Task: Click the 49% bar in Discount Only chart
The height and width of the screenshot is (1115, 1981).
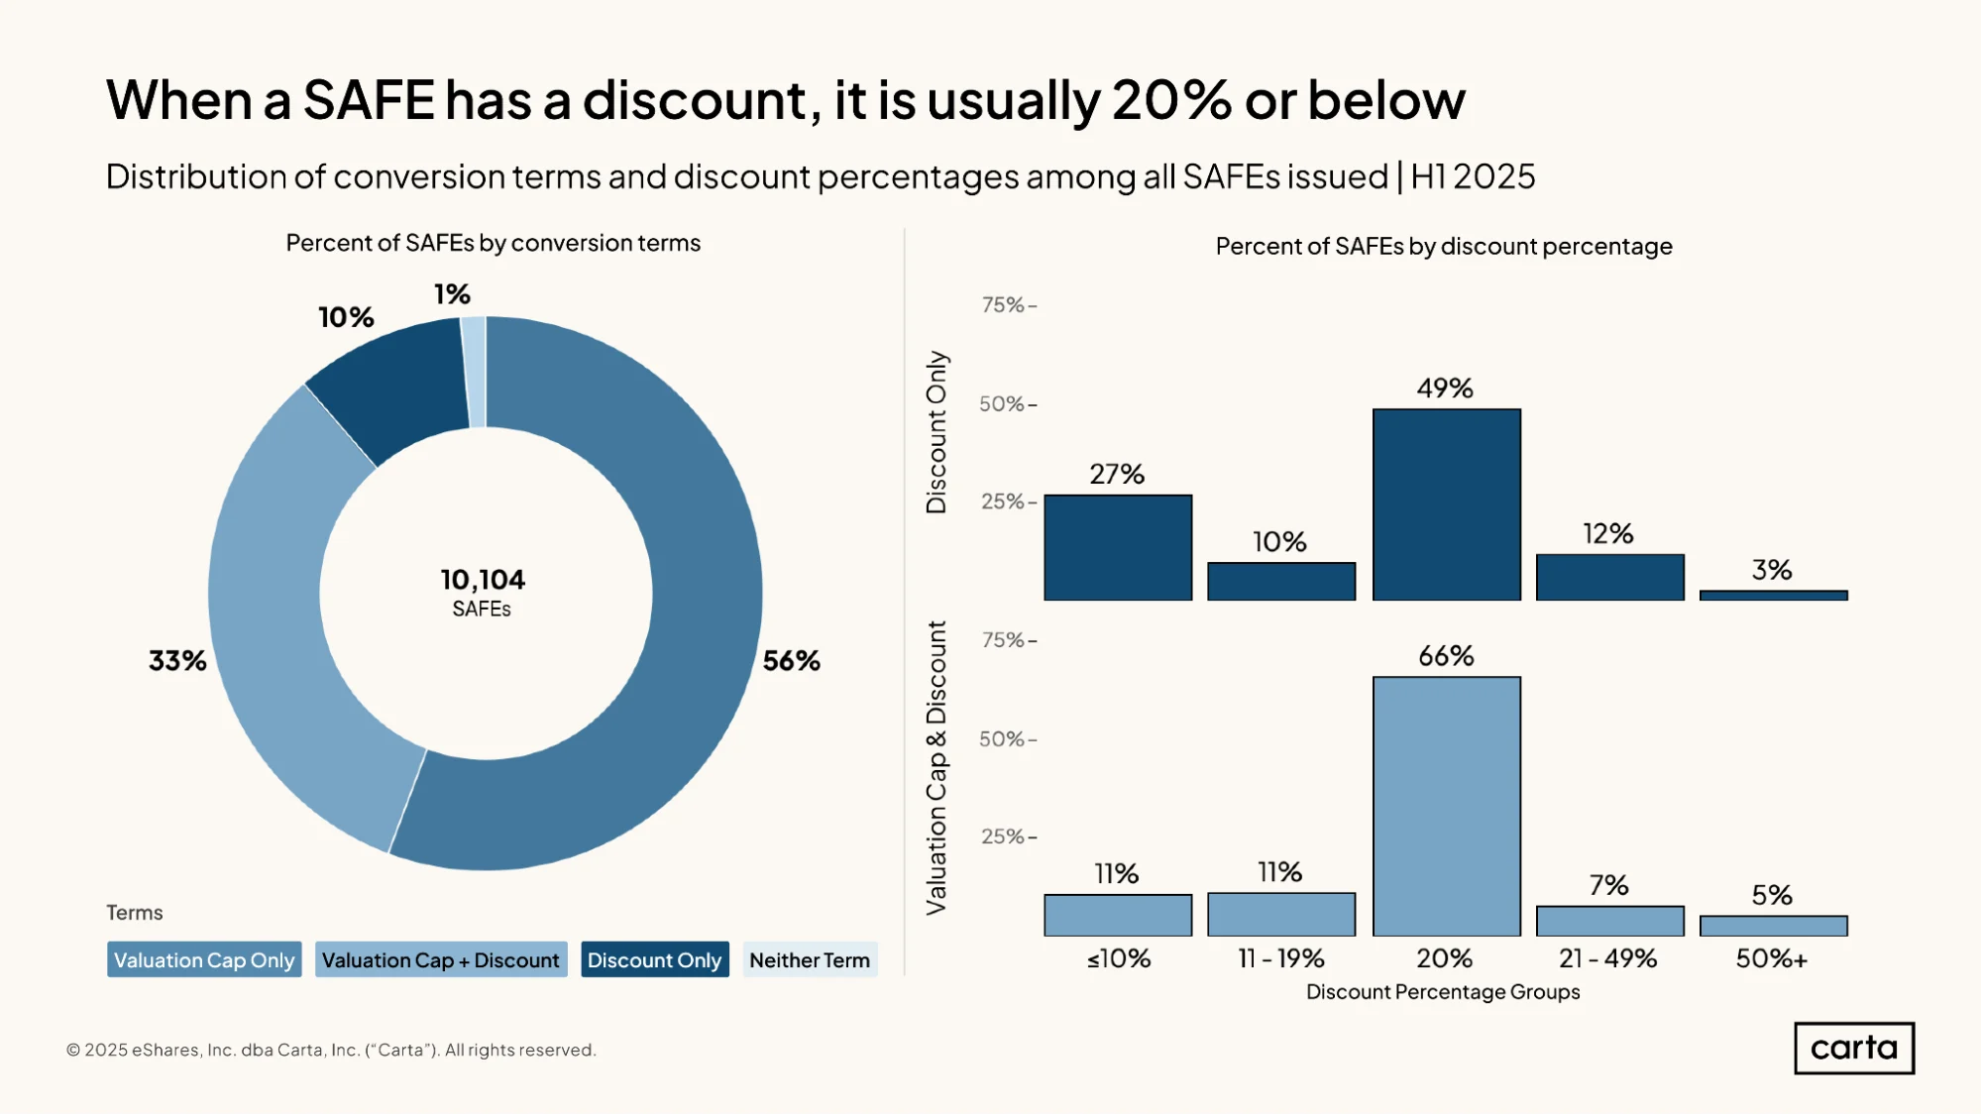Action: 1446,504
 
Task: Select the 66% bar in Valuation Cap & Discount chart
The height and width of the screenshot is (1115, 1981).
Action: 1446,806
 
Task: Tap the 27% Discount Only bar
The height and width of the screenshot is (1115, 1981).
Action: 1118,547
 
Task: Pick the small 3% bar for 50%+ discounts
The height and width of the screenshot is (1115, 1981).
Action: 1773,595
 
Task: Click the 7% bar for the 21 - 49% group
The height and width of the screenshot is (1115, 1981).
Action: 1609,921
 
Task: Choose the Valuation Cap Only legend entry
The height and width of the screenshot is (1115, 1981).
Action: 204,959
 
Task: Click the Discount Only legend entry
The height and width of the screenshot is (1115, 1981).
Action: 654,959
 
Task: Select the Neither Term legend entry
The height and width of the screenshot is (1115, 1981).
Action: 810,959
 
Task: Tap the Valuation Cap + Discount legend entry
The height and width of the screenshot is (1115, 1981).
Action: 441,959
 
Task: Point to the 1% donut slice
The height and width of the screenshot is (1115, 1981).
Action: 474,372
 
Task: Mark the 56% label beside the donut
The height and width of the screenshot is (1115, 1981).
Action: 791,661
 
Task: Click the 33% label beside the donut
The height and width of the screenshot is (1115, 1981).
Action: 177,661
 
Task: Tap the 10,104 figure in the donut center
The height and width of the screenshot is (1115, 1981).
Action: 483,580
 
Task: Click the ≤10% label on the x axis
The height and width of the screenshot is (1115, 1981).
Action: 1119,958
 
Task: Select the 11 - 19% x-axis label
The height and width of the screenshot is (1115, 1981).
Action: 1281,958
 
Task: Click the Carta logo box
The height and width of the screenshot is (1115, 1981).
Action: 1854,1048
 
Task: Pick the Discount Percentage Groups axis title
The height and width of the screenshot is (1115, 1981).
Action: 1443,992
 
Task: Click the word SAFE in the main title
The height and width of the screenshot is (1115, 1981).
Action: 369,100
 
